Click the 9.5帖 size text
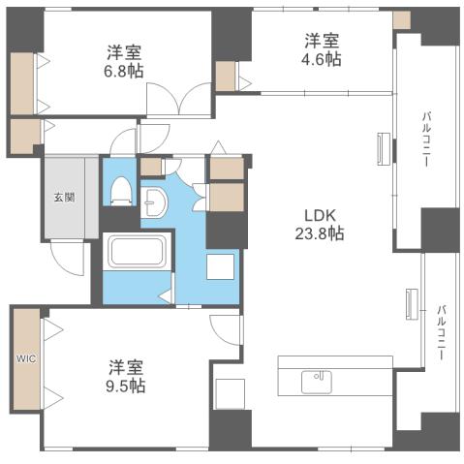tap(126, 386)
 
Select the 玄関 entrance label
tap(63, 197)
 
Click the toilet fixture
tap(121, 188)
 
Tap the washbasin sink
tap(156, 202)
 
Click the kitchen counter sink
tap(316, 381)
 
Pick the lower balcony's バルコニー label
tap(440, 332)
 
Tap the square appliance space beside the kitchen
tap(231, 393)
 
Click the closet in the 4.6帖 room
tap(226, 76)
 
